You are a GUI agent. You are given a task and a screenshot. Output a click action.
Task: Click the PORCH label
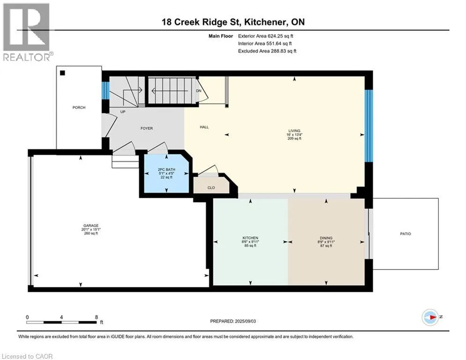point(79,107)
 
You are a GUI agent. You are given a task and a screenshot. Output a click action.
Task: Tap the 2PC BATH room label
point(166,170)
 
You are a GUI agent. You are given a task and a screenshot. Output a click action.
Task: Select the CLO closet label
point(211,188)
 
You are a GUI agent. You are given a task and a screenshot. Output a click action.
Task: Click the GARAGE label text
point(91,225)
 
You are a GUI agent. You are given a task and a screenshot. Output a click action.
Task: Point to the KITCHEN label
point(250,238)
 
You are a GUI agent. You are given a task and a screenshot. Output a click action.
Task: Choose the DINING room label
point(326,238)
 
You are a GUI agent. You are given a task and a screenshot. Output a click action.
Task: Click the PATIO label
point(406,234)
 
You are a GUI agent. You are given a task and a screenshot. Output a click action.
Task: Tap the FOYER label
point(147,128)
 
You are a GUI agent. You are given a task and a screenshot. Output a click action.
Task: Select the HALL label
point(204,127)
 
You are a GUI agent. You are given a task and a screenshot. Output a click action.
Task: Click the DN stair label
point(199,91)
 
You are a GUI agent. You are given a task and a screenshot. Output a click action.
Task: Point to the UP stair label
point(123,112)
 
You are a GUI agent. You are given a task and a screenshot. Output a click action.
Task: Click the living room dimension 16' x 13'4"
point(294,135)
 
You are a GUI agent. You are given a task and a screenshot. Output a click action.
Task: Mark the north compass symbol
point(430,317)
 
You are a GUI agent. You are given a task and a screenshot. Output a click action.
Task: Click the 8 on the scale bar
point(96,317)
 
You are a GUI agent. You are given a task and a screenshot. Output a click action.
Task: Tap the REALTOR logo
point(27,32)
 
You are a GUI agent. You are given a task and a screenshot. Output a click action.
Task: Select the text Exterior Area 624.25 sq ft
point(266,36)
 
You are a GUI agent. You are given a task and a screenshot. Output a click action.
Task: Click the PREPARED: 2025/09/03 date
point(233,321)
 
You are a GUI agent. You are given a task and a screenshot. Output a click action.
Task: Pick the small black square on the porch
point(62,73)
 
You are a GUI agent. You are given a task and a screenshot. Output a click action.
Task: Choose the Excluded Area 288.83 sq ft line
point(267,51)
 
